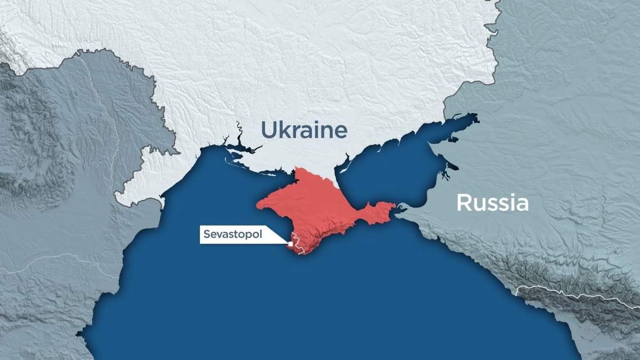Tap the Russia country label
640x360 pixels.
click(x=492, y=203)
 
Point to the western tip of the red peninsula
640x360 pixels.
click(x=259, y=204)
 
